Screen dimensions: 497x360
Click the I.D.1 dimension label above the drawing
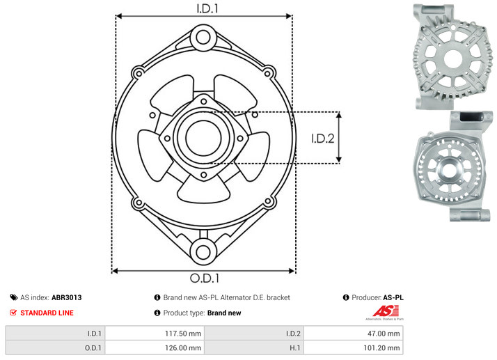207,8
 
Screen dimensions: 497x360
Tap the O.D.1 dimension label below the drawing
205,278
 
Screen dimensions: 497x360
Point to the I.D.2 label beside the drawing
323,139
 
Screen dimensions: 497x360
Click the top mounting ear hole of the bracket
203,37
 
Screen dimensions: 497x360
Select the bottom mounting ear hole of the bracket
203,252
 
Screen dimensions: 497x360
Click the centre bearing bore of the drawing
203,138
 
